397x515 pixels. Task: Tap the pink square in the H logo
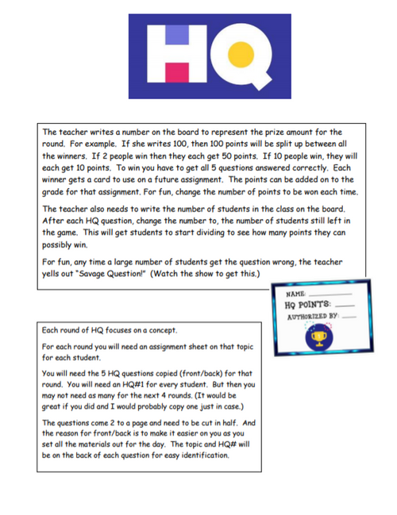click(175, 77)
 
